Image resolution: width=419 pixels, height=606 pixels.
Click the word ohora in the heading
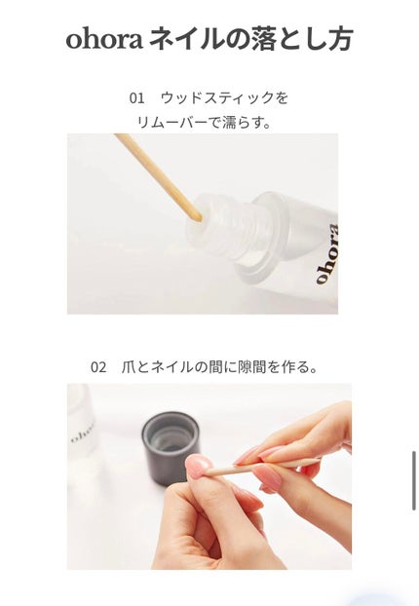pyautogui.click(x=102, y=40)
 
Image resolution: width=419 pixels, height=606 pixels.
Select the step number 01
pyautogui.click(x=136, y=98)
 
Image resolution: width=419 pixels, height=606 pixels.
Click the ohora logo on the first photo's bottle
pyautogui.click(x=324, y=253)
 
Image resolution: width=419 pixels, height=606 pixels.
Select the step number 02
pyautogui.click(x=98, y=367)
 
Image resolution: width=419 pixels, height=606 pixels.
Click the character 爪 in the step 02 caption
pyautogui.click(x=129, y=367)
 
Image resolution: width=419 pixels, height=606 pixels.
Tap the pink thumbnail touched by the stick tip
pyautogui.click(x=199, y=467)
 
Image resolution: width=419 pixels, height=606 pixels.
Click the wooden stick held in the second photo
pyautogui.click(x=263, y=466)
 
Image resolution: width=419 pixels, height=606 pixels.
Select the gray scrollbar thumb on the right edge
pyautogui.click(x=413, y=479)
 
